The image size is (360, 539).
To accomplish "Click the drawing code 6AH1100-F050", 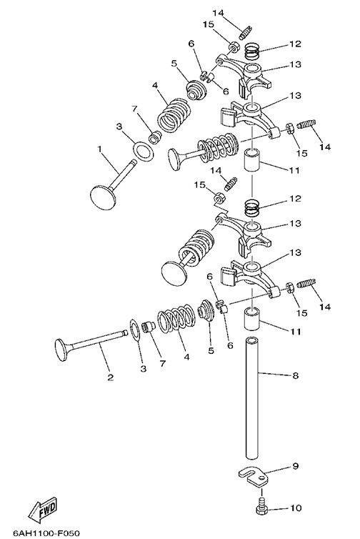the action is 46,533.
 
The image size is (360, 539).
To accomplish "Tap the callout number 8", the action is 296,375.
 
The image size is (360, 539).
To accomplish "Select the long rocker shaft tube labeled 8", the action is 252,398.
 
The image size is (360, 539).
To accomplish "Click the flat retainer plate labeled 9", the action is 252,476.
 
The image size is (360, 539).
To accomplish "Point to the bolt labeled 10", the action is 262,506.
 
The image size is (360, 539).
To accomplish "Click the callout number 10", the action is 296,508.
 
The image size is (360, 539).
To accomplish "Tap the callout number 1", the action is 99,149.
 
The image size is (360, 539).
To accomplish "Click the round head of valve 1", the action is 103,197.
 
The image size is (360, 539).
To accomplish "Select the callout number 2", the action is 110,377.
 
